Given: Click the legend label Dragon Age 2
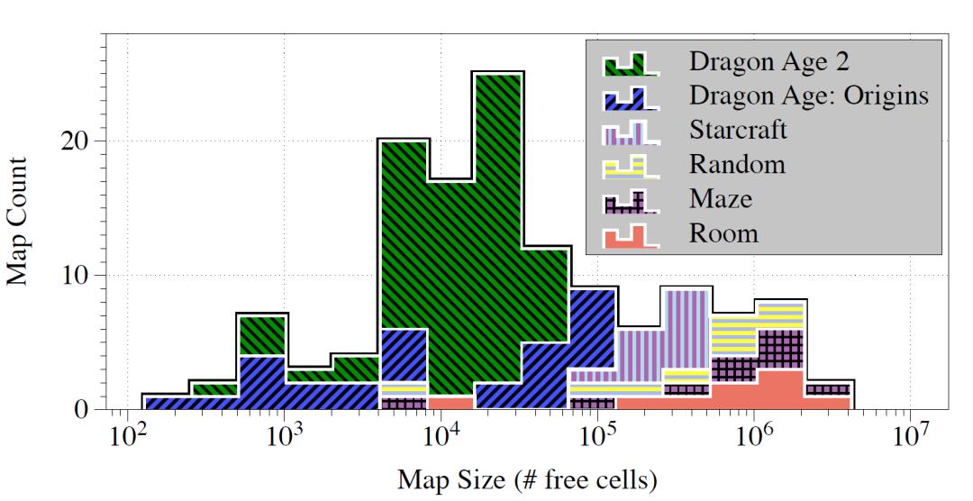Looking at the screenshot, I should pos(769,62).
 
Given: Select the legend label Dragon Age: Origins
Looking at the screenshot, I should pos(808,96).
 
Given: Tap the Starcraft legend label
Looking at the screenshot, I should pos(738,130).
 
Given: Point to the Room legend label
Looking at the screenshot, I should pos(723,233).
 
